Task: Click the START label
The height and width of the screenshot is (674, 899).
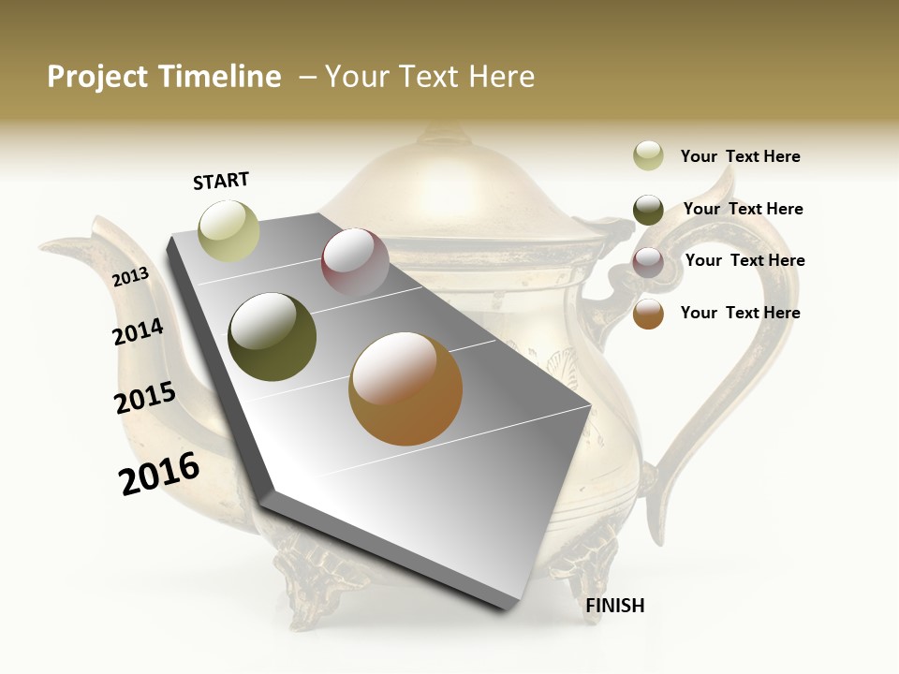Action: pyautogui.click(x=221, y=181)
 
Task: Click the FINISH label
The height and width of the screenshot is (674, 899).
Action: pyautogui.click(x=614, y=606)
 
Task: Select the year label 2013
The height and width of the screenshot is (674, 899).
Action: pyautogui.click(x=130, y=276)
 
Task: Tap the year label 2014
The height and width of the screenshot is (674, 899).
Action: pyautogui.click(x=138, y=332)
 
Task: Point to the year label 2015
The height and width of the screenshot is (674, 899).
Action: pyautogui.click(x=145, y=398)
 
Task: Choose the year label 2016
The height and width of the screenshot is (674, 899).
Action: pyautogui.click(x=159, y=473)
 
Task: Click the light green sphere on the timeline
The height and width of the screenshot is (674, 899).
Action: pyautogui.click(x=228, y=230)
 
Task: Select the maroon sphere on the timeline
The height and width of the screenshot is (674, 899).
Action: pyautogui.click(x=355, y=262)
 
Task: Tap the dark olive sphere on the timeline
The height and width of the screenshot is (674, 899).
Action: pyautogui.click(x=272, y=337)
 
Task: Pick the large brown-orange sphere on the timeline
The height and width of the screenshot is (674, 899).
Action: pyautogui.click(x=405, y=388)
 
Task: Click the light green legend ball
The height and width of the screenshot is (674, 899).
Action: pyautogui.click(x=648, y=155)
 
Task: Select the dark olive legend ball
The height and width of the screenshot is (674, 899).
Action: pyautogui.click(x=648, y=210)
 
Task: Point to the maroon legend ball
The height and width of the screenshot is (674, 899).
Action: pyautogui.click(x=648, y=262)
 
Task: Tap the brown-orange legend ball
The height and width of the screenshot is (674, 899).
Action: pyautogui.click(x=648, y=314)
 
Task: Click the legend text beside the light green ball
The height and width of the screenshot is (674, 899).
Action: pyautogui.click(x=740, y=156)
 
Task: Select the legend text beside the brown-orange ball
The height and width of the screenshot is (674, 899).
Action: pyautogui.click(x=740, y=313)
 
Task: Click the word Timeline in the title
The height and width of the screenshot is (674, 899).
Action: pyautogui.click(x=219, y=77)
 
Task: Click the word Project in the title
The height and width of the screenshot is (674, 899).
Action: pyautogui.click(x=98, y=77)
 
